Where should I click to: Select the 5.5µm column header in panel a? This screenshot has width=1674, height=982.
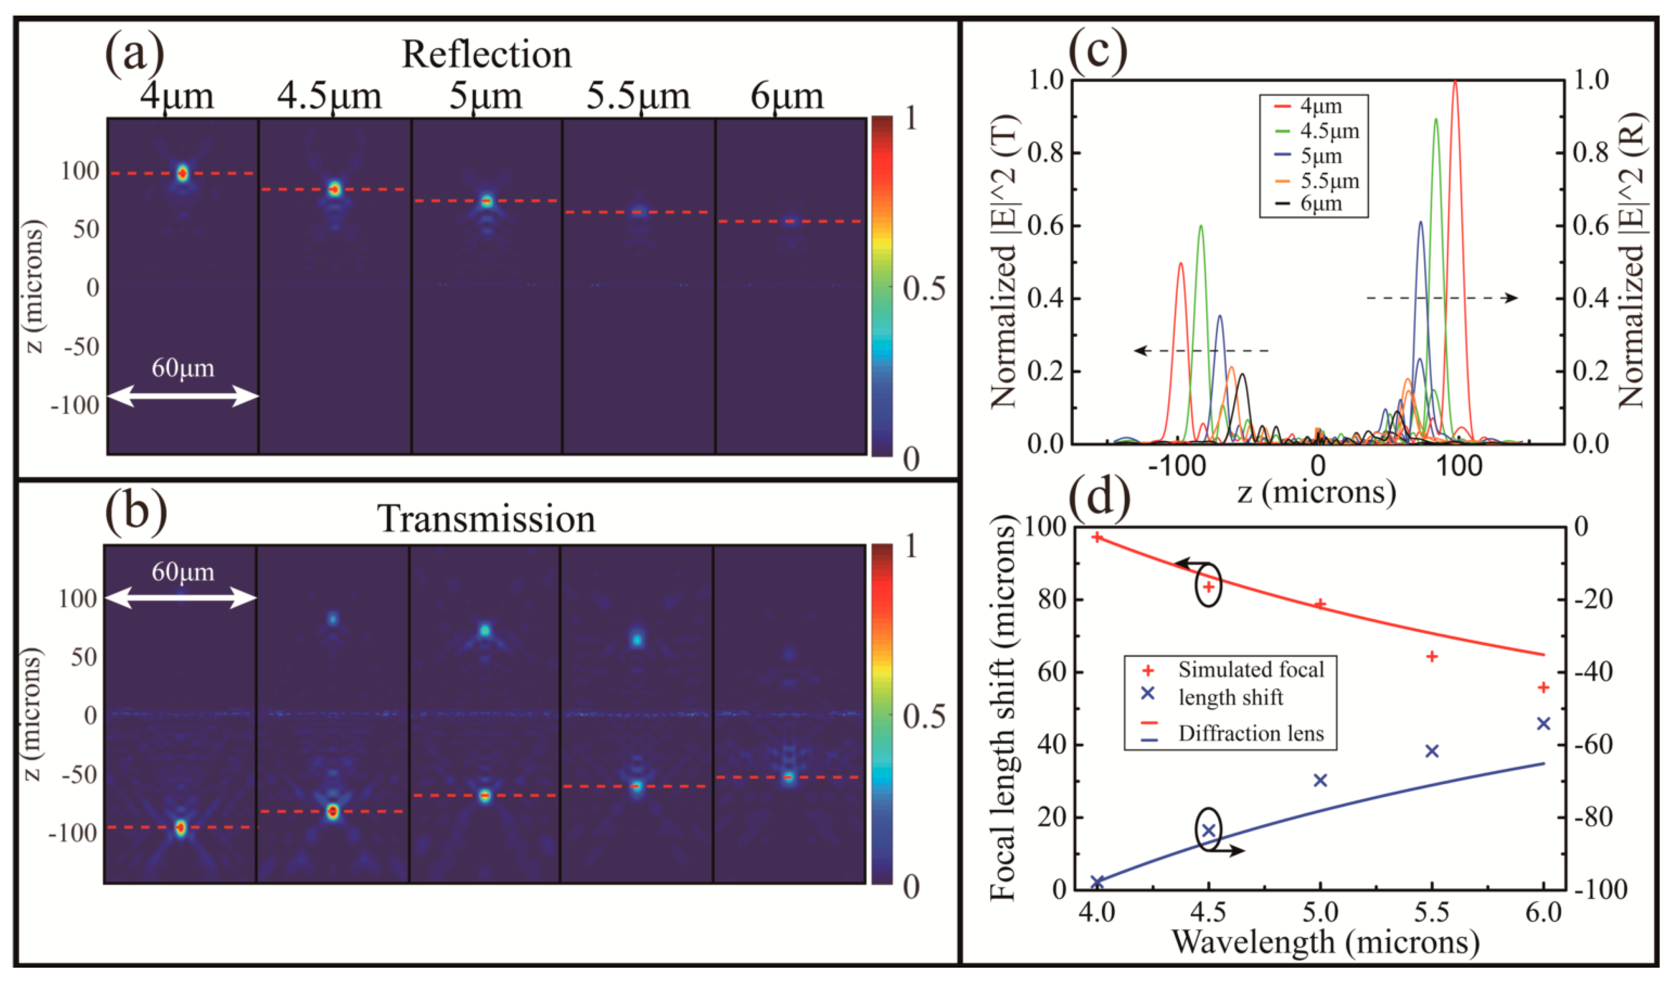tap(638, 97)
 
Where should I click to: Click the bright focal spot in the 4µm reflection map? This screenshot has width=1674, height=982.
tap(183, 173)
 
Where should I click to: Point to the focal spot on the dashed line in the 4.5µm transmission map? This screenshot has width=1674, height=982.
tap(333, 811)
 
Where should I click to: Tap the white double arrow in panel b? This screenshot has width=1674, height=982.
tap(181, 598)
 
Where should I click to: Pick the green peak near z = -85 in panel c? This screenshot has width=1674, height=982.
tap(1200, 227)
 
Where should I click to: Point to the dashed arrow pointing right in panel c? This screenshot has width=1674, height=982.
tap(1442, 298)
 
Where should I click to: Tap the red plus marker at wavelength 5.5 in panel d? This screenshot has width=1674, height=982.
tap(1432, 657)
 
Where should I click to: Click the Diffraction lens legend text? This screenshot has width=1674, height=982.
tap(1251, 733)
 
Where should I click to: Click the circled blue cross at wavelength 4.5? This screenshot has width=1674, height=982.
tap(1209, 830)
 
